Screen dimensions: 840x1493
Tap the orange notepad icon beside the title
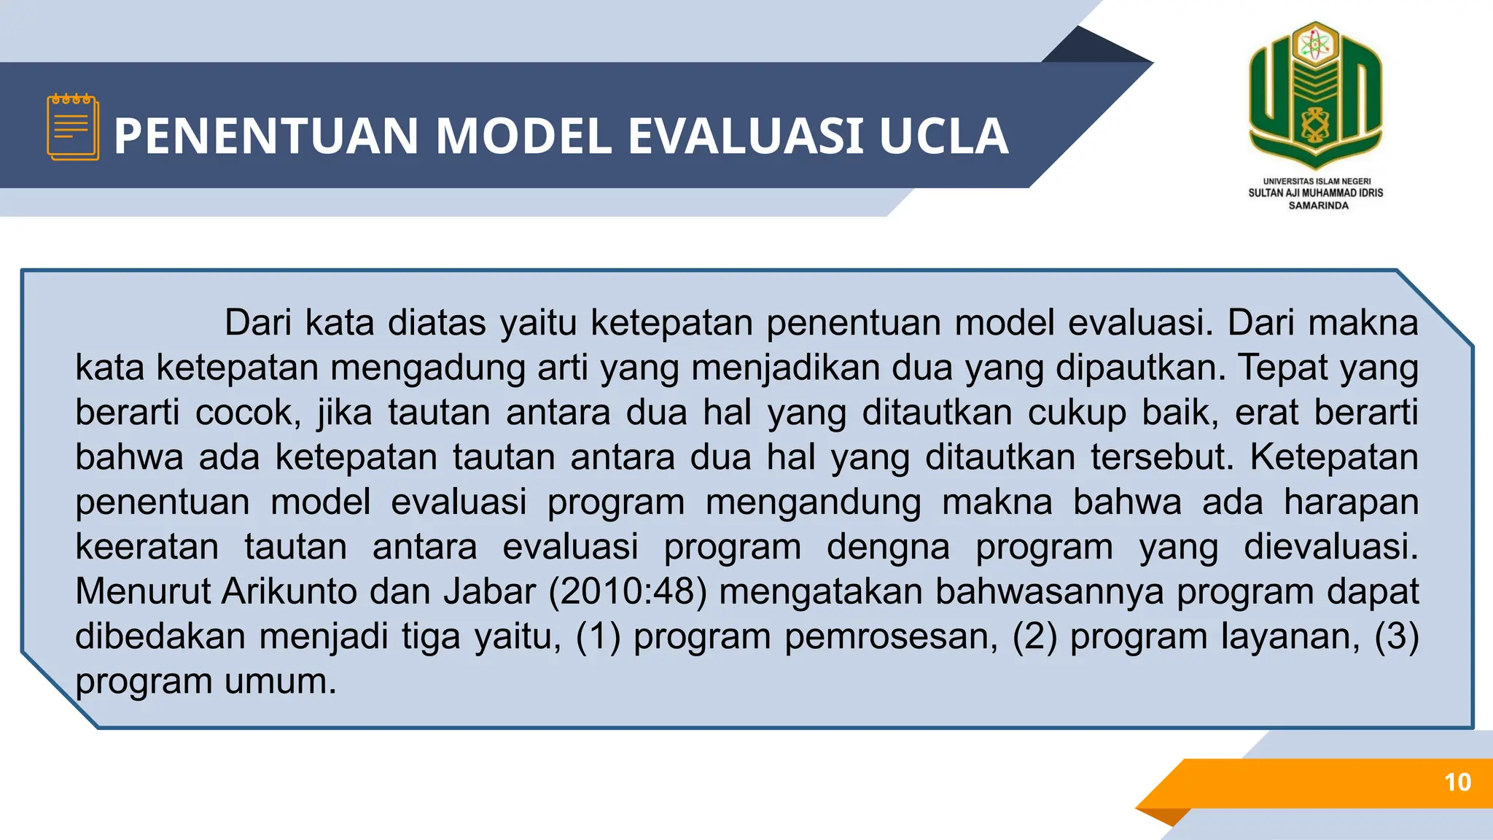[72, 127]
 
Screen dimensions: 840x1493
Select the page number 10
[1457, 782]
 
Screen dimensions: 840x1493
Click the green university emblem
[1315, 93]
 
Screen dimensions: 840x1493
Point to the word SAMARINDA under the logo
[1318, 206]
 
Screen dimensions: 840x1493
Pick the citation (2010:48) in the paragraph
[628, 591]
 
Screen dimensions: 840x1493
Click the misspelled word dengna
[888, 547]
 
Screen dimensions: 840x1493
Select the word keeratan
[147, 547]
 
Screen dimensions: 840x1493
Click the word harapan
[1351, 502]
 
